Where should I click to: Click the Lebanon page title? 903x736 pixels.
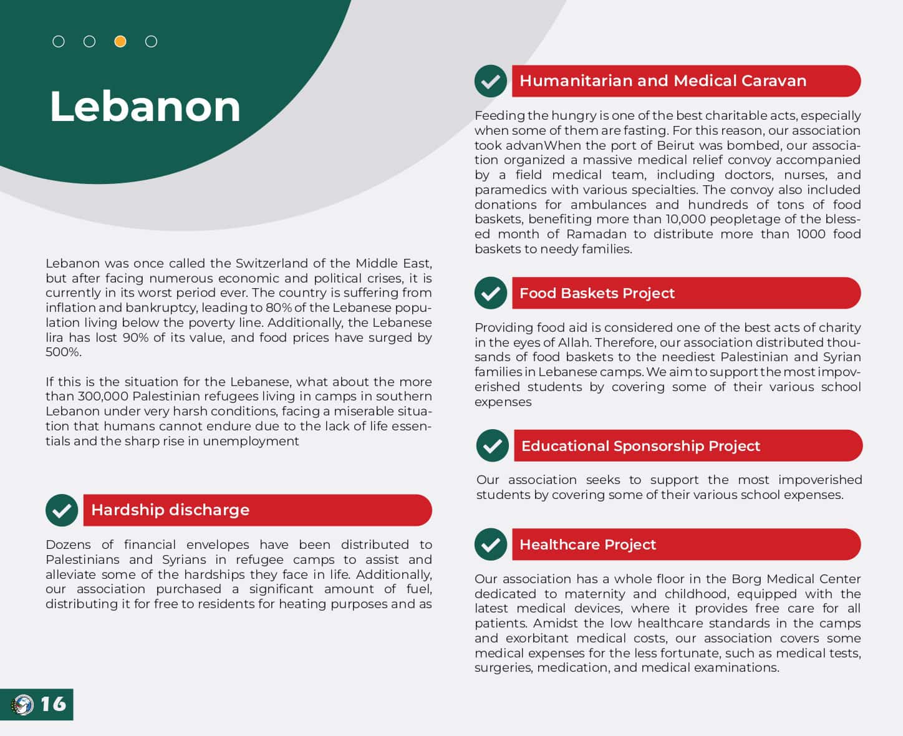(x=145, y=106)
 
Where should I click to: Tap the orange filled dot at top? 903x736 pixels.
(x=120, y=42)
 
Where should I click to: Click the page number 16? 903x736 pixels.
(x=53, y=704)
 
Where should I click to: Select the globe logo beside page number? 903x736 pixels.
(x=22, y=705)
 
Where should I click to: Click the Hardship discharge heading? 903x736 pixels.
(x=170, y=510)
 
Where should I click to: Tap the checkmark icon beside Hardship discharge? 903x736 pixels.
(x=61, y=510)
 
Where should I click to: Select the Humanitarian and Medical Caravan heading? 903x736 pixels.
(x=663, y=81)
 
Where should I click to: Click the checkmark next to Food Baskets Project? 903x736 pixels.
(x=490, y=293)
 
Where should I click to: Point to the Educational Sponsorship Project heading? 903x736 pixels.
(x=640, y=446)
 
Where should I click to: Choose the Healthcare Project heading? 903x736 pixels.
(x=587, y=545)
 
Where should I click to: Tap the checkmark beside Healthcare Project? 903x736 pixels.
(x=490, y=545)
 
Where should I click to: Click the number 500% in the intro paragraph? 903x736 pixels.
(x=63, y=352)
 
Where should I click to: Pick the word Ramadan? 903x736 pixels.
(x=596, y=234)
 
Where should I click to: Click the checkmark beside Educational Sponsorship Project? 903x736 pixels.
(x=492, y=446)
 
